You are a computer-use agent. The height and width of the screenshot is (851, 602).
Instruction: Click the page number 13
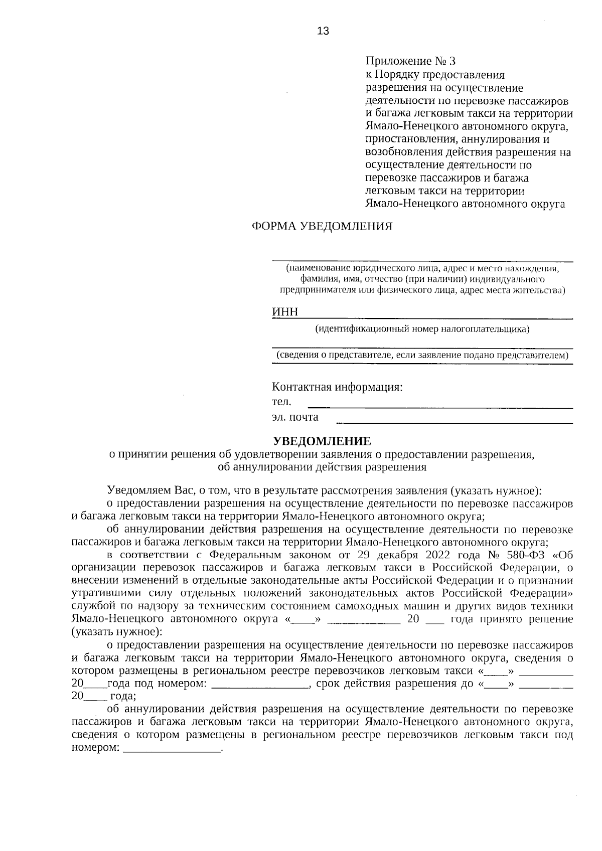323,32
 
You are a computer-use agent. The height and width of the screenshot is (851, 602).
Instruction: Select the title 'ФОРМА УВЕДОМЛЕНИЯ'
322,226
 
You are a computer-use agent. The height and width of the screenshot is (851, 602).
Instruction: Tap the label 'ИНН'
284,312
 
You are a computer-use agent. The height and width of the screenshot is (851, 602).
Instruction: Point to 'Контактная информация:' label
337,387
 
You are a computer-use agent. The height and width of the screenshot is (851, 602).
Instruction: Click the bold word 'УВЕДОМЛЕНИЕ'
322,441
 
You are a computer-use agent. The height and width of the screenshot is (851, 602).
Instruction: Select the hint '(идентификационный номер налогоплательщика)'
422,329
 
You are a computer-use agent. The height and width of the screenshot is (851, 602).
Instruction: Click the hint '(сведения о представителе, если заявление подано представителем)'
422,356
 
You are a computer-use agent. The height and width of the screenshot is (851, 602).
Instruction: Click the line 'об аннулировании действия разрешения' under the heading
322,467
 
